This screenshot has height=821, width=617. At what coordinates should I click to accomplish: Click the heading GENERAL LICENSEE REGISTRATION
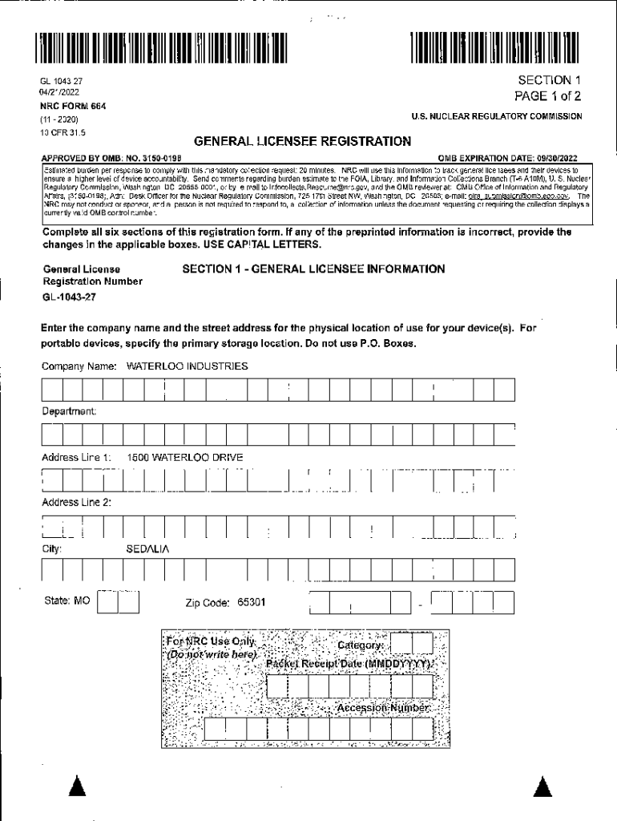tap(303, 142)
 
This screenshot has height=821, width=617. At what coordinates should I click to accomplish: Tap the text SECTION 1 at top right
tap(549, 80)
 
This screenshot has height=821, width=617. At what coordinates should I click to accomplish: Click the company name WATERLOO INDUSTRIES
tap(187, 366)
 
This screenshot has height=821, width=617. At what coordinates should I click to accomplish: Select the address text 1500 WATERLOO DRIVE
tap(185, 458)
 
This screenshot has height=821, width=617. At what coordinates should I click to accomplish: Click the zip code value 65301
tap(251, 602)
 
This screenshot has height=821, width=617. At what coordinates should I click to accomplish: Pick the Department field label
tap(70, 411)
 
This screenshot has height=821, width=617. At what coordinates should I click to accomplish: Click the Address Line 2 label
tap(76, 503)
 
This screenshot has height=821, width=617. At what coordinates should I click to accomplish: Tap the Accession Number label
tap(382, 709)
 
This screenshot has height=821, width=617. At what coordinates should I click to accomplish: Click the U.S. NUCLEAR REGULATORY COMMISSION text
tap(496, 117)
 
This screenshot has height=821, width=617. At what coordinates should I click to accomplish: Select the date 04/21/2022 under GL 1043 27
tap(61, 93)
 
